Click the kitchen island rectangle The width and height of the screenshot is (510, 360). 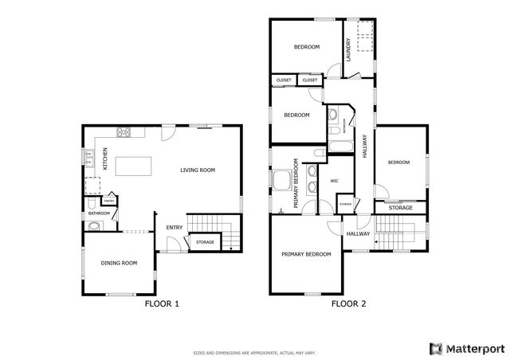coord(134,166)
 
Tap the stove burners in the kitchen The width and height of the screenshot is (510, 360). coord(124,133)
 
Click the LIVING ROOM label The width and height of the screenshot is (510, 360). coord(198,170)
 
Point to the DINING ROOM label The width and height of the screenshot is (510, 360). coord(119,263)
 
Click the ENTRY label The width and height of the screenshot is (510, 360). coord(175,228)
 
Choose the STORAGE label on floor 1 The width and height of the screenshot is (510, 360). coord(205,241)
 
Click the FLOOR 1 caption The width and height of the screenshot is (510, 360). coord(161,303)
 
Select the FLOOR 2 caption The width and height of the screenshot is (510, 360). coord(348,303)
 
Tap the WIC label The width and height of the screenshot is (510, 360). coord(335,182)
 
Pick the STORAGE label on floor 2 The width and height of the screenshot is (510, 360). coord(400,208)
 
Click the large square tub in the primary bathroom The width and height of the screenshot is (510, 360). coord(283,182)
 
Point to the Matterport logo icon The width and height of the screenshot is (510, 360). coord(435,348)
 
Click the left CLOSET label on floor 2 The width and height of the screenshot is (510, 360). coord(284,80)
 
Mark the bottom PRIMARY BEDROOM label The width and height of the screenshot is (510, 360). coord(306,254)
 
